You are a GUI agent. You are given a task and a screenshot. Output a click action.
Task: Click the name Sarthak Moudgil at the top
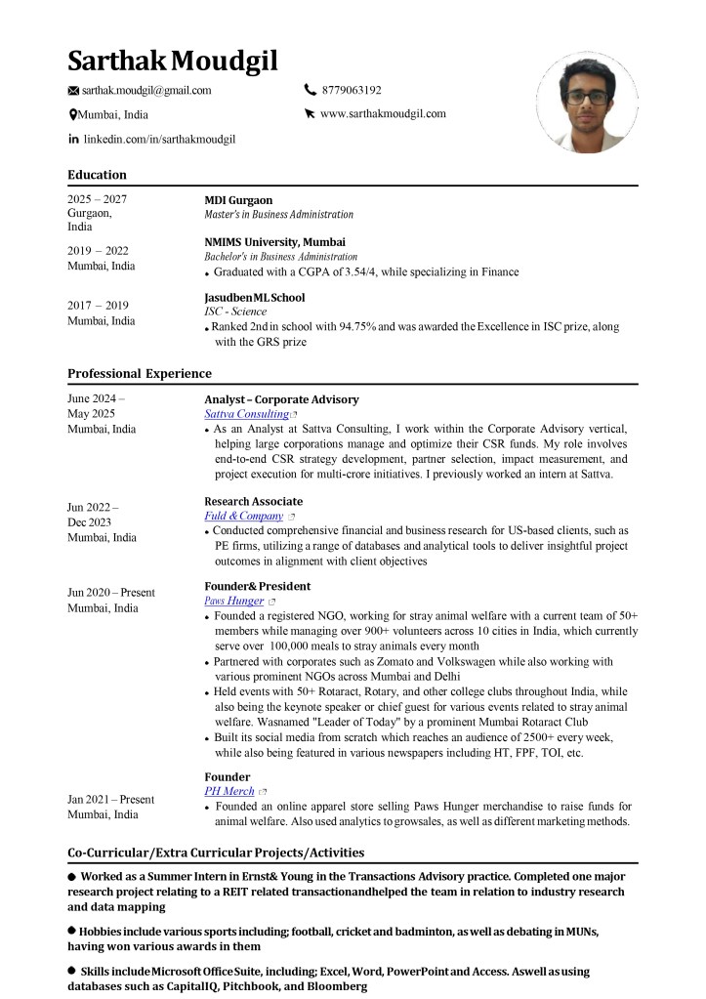click(x=173, y=61)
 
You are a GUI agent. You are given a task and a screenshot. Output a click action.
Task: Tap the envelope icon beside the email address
click(x=73, y=91)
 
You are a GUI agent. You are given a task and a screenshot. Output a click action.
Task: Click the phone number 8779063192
click(x=352, y=90)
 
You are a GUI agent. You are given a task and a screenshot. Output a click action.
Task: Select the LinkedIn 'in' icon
click(x=73, y=140)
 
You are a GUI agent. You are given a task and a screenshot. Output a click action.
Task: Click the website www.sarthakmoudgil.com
click(x=383, y=113)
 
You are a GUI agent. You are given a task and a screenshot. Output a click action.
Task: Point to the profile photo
click(x=587, y=103)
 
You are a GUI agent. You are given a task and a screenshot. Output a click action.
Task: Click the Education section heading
click(x=97, y=175)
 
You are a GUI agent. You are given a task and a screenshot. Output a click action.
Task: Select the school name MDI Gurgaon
click(x=238, y=200)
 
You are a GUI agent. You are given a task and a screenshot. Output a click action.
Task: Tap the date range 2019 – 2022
click(x=98, y=251)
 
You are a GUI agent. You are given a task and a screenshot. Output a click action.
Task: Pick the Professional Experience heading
click(x=139, y=373)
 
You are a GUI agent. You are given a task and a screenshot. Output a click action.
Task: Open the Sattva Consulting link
click(x=246, y=414)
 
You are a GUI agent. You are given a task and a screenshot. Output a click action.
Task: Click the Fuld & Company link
click(x=243, y=516)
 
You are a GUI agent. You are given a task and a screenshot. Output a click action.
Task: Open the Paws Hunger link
click(x=233, y=602)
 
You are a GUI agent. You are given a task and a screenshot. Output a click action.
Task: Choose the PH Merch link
click(x=228, y=791)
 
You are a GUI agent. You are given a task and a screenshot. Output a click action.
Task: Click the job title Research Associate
click(x=253, y=501)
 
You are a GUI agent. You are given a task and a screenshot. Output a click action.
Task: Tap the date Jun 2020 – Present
click(x=110, y=593)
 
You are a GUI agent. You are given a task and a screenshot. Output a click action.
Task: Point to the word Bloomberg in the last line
click(x=332, y=987)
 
